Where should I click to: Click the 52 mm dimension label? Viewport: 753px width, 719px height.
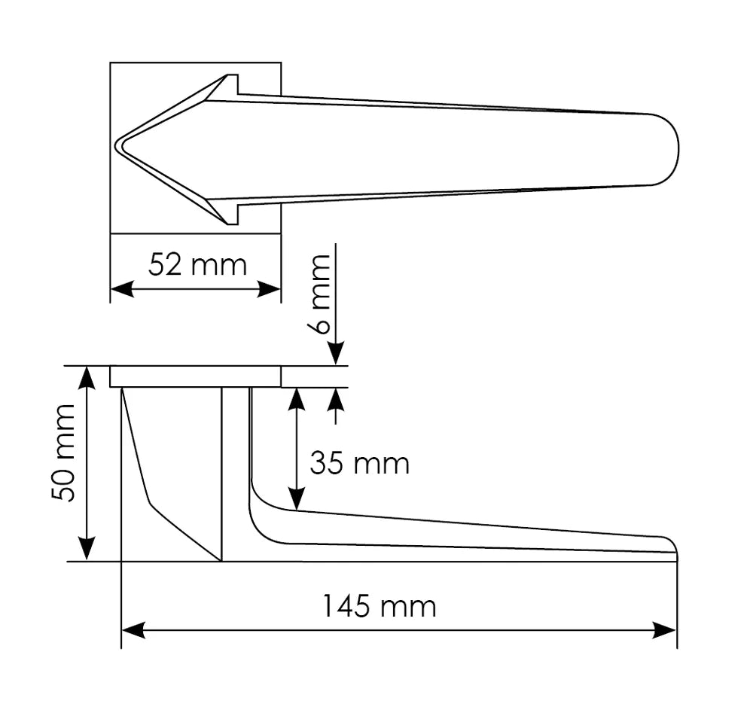(x=197, y=265)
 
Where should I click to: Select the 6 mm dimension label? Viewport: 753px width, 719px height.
(x=320, y=294)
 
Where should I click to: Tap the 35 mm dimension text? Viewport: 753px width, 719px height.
(x=359, y=464)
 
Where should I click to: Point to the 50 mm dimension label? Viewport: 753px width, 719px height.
(x=63, y=453)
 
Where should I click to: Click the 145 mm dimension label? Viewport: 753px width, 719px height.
(x=379, y=605)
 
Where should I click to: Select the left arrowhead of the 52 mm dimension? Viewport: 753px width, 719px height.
(x=120, y=289)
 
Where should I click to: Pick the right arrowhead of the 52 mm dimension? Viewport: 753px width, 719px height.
(x=271, y=289)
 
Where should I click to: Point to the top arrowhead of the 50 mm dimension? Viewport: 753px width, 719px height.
(x=88, y=376)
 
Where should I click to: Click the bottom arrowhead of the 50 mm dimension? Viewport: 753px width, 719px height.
(x=88, y=550)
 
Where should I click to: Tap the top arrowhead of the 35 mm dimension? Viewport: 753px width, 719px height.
(x=297, y=398)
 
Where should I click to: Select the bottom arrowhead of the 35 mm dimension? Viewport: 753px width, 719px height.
(x=297, y=498)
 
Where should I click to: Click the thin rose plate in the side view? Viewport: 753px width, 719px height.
(x=196, y=376)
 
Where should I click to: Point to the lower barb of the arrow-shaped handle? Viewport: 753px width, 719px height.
(x=229, y=215)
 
